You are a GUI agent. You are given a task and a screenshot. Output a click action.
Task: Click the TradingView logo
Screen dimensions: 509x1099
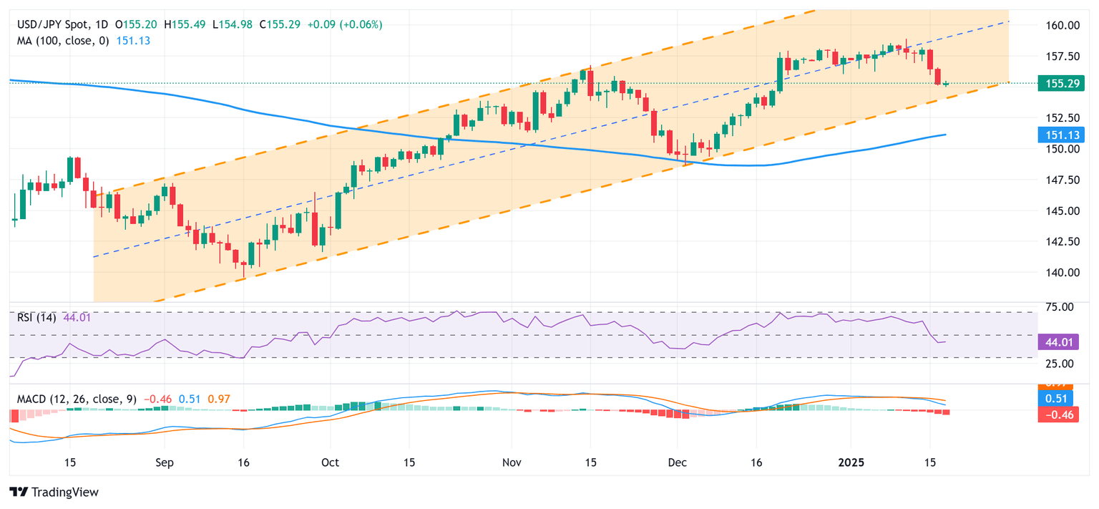(54, 493)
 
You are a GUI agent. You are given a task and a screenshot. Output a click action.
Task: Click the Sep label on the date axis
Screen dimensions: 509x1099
(164, 462)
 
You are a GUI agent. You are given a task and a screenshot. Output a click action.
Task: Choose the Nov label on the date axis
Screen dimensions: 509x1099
(512, 462)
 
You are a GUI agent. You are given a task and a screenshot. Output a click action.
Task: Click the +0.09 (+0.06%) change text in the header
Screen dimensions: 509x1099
(344, 24)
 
